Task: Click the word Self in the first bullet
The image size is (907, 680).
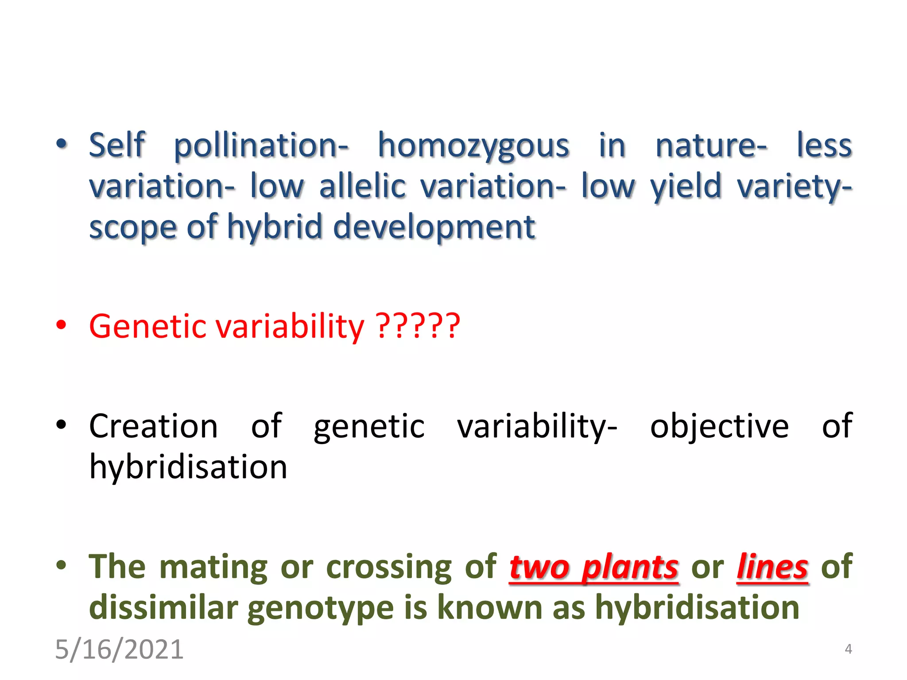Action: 117,145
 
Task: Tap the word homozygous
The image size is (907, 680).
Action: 473,147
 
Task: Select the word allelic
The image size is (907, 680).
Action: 362,186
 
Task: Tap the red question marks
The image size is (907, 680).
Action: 418,326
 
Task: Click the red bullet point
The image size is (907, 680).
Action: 61,325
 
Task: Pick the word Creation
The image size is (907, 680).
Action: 153,426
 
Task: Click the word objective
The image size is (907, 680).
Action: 719,426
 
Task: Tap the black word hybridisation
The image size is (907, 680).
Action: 188,467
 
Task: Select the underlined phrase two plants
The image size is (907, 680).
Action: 593,568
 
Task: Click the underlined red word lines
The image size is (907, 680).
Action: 772,568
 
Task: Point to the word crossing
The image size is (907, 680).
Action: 389,568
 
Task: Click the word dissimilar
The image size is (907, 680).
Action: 163,608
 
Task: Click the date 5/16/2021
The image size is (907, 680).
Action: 119,649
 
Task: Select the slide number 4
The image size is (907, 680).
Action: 848,649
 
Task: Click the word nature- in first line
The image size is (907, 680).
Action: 711,146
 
